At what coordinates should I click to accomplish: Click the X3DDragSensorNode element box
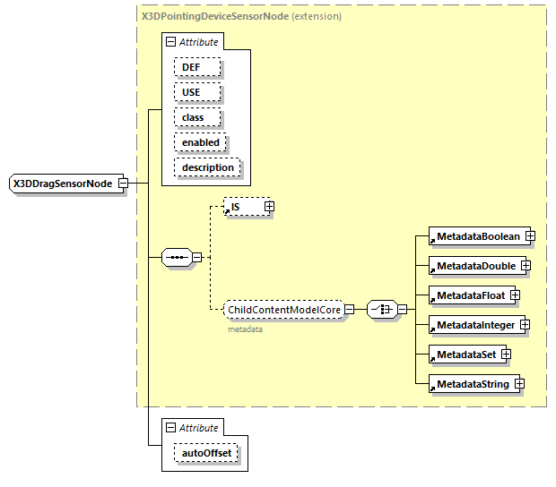pos(62,184)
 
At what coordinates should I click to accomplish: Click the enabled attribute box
pos(200,142)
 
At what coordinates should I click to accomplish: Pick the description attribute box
pos(207,167)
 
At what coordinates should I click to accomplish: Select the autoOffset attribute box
pos(206,453)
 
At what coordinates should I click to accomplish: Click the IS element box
pos(241,207)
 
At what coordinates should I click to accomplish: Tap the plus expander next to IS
pos(268,207)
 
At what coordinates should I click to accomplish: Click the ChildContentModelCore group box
pos(283,310)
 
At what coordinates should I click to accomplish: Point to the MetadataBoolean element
pos(477,236)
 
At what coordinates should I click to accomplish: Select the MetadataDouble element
pos(475,266)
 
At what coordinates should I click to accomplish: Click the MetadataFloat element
pos(469,295)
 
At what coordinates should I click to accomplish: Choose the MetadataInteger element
pos(474,325)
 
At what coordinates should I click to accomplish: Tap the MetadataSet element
pos(465,355)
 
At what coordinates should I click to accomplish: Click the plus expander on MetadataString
pos(518,384)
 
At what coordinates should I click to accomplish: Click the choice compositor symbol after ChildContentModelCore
pos(382,310)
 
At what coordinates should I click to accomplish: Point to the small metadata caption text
pos(244,329)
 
